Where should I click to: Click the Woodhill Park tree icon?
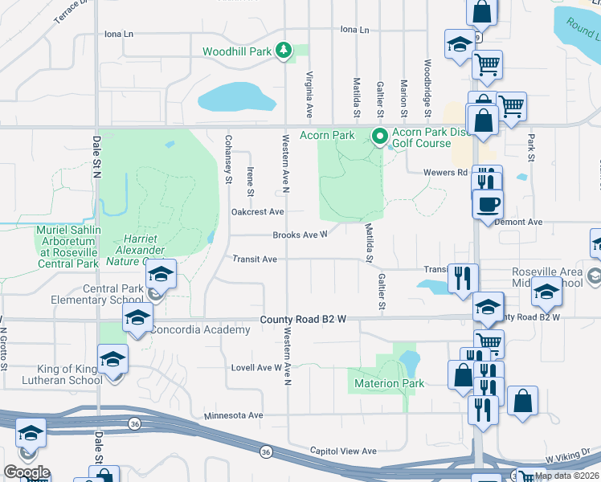coord(283,51)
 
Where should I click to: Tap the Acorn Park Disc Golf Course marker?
coord(378,136)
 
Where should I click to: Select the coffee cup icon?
coord(489,204)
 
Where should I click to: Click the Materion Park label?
coord(389,383)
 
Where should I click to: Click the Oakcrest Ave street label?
coord(257,212)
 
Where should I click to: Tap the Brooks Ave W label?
coord(300,235)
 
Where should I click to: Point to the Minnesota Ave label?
coord(233,415)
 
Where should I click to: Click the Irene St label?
coord(251,182)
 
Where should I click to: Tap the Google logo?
coord(26,472)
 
